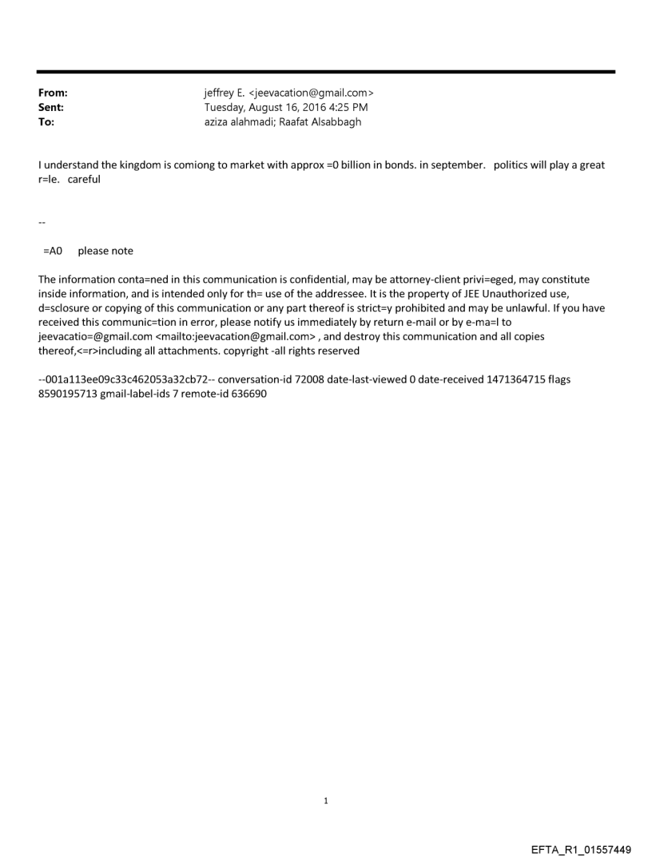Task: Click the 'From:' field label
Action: pyautogui.click(x=53, y=93)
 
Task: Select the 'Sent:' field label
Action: pyautogui.click(x=51, y=107)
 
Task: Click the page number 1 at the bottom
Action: pyautogui.click(x=326, y=800)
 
